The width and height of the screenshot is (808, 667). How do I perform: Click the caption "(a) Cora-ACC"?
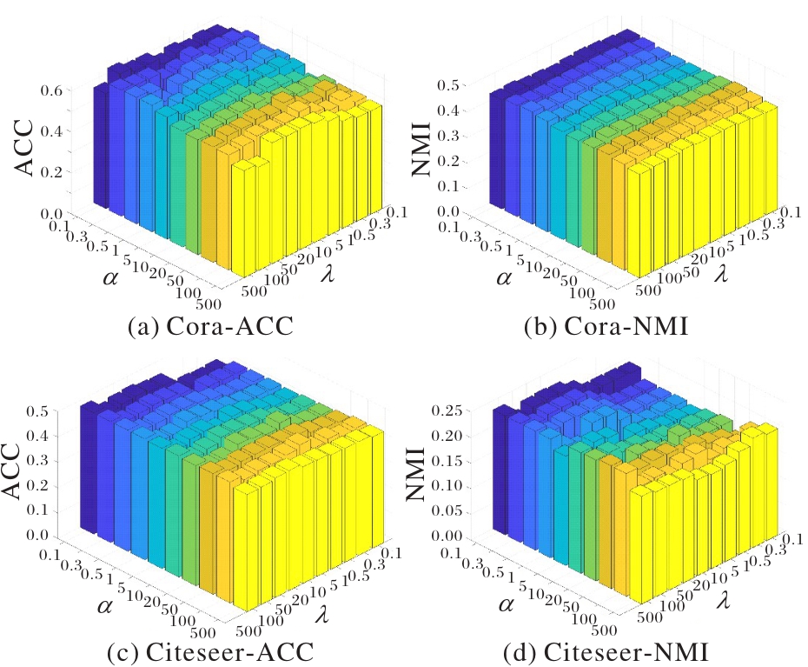pos(210,326)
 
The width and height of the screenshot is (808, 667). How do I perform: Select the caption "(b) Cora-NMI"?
pos(606,326)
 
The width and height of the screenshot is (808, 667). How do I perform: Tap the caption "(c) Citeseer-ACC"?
pos(210,651)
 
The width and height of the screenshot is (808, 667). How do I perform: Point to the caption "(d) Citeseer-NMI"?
pos(606,651)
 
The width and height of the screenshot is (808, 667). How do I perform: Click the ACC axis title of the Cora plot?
pos(23,147)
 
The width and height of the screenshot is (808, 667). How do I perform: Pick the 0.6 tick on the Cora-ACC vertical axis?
pos(51,90)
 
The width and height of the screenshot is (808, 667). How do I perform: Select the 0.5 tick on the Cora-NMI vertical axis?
pos(447,85)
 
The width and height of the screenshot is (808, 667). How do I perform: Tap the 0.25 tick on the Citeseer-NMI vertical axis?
pos(446,410)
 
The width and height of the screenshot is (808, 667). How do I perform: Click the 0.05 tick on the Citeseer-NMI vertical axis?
pos(446,510)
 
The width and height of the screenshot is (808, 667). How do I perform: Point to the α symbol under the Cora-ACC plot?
pos(110,278)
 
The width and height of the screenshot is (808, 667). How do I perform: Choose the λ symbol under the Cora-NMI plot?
pos(721,273)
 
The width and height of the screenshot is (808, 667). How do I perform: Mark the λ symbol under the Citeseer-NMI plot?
pos(724,599)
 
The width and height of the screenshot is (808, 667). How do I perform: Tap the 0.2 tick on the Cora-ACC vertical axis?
pos(51,172)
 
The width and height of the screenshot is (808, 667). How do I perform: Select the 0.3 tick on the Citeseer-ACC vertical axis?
pos(37,461)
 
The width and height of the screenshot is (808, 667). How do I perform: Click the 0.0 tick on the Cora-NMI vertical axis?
pos(447,211)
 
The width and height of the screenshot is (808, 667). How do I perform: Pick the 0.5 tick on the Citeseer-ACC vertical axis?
pos(37,411)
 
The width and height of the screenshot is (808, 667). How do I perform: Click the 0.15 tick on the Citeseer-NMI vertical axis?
pos(446,461)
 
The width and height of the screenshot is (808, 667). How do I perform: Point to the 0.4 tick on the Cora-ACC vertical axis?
pos(51,131)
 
